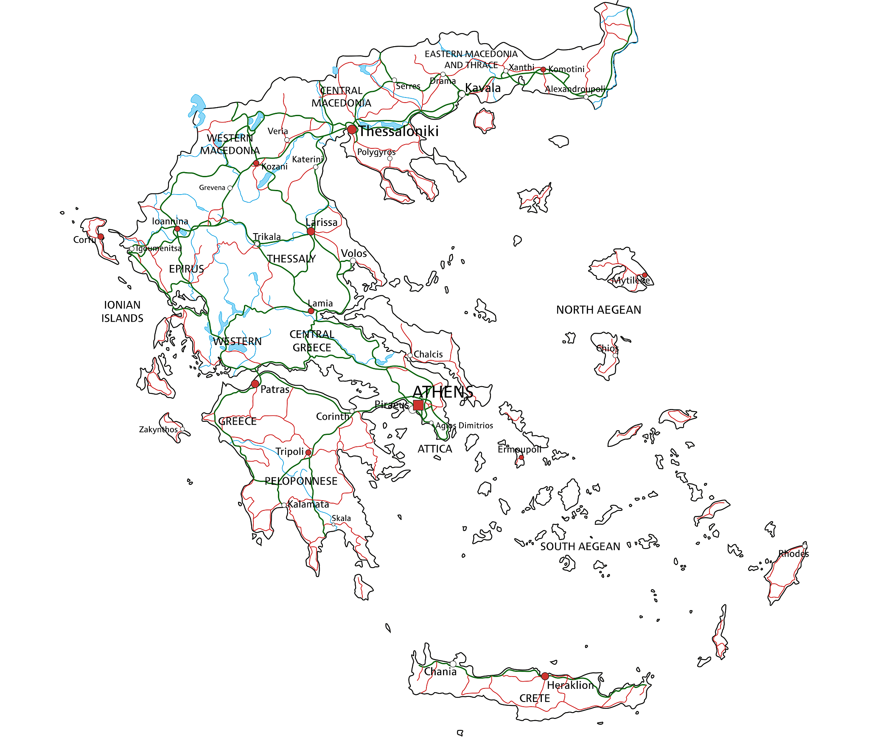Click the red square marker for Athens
pyautogui.click(x=418, y=405)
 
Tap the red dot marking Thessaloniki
pyautogui.click(x=352, y=129)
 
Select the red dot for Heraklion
pyautogui.click(x=545, y=676)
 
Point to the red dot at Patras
pyautogui.click(x=255, y=384)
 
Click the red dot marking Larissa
pyautogui.click(x=311, y=231)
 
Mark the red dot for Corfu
pyautogui.click(x=101, y=237)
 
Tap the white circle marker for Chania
pyautogui.click(x=453, y=664)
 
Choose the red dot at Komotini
pyautogui.click(x=543, y=70)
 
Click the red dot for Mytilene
pyautogui.click(x=645, y=275)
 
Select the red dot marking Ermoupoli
pyautogui.click(x=521, y=457)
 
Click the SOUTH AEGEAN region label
pyautogui.click(x=580, y=547)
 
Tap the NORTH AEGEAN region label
pyautogui.click(x=598, y=310)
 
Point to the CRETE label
pyautogui.click(x=535, y=698)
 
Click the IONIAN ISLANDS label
pyautogui.click(x=122, y=312)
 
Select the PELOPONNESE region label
pyautogui.click(x=301, y=481)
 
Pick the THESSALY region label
pyautogui.click(x=291, y=259)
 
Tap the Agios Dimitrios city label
pyautogui.click(x=464, y=425)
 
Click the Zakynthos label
pyautogui.click(x=158, y=429)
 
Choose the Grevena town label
pyautogui.click(x=212, y=187)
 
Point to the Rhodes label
pyautogui.click(x=793, y=554)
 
